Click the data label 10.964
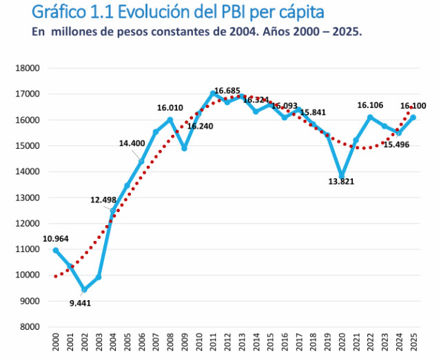(x=54, y=239)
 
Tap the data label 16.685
(x=227, y=91)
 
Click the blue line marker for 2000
(x=56, y=250)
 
